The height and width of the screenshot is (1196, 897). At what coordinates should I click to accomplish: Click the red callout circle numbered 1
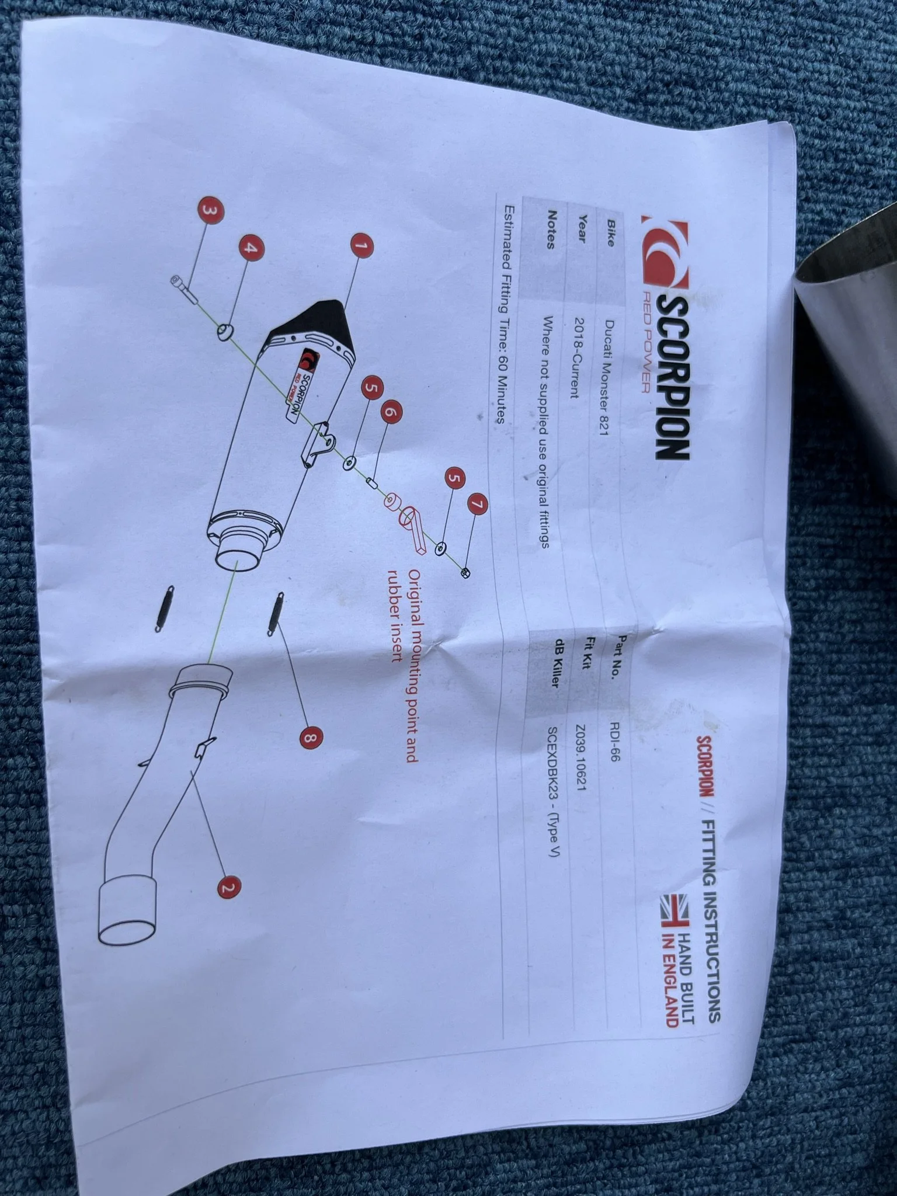point(361,246)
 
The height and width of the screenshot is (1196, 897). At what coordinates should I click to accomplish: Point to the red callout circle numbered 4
point(251,248)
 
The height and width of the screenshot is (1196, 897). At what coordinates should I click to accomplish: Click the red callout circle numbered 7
point(477,503)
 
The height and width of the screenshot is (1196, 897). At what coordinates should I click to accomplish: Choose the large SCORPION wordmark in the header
point(672,373)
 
